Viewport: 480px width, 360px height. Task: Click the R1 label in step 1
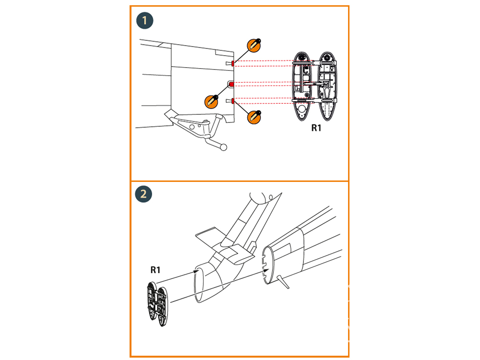pyautogui.click(x=316, y=128)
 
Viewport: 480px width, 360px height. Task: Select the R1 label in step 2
pyautogui.click(x=155, y=270)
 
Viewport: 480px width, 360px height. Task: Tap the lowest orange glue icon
pyautogui.click(x=254, y=116)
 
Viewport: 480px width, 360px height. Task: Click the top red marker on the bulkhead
pyautogui.click(x=233, y=63)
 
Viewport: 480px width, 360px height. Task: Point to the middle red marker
pyautogui.click(x=231, y=84)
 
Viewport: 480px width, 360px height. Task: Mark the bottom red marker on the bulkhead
pyautogui.click(x=233, y=100)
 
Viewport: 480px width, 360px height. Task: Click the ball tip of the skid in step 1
pyautogui.click(x=223, y=148)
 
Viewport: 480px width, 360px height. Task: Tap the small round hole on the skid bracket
pyautogui.click(x=192, y=126)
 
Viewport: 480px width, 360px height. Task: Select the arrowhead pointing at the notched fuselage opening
pyautogui.click(x=265, y=273)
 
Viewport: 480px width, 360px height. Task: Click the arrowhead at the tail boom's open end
pyautogui.click(x=196, y=272)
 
